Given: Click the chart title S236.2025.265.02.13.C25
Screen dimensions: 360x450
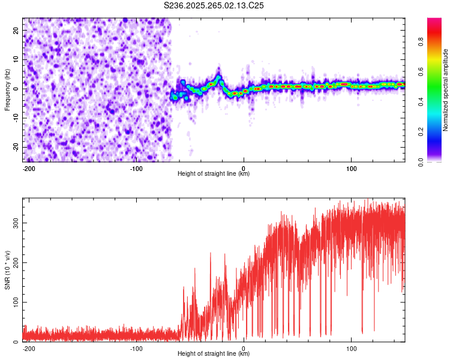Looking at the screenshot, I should pos(214,5).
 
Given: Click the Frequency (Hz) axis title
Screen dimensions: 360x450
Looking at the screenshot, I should pos(7,89).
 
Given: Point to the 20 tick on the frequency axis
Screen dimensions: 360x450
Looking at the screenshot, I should pos(17,30).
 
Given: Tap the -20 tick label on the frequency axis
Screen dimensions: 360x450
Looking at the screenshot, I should pos(16,147).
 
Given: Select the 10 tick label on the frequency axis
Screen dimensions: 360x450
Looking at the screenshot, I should pos(17,59).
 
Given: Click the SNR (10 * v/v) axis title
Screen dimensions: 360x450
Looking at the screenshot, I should pos(7,269).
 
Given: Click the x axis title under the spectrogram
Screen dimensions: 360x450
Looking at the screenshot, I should pos(214,174).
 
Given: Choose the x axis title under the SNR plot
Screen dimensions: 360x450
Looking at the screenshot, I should pos(214,354).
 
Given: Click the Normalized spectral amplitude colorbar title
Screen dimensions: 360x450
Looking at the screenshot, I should pos(446,90).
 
